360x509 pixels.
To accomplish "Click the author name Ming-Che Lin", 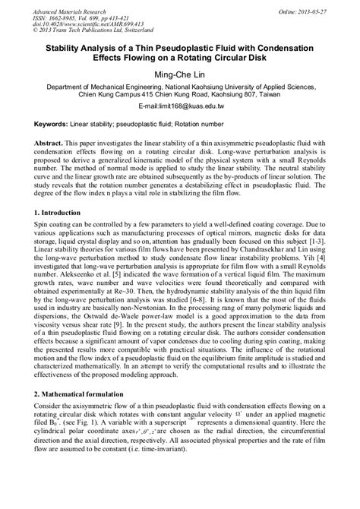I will (x=181, y=74).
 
